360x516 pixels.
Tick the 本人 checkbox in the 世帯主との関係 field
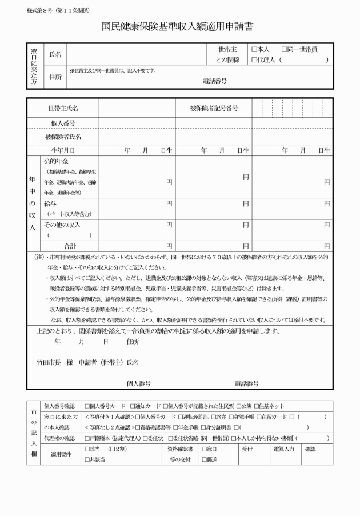(x=254, y=50)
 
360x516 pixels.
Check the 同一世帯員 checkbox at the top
(x=285, y=50)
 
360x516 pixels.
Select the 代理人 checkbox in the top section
(x=254, y=59)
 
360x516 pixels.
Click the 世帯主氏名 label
(x=63, y=108)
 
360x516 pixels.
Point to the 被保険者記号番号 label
(x=214, y=108)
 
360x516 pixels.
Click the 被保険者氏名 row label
(x=63, y=137)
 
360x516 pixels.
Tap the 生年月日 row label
(x=63, y=151)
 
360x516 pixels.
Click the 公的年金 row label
(x=56, y=161)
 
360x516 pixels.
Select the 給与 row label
(x=50, y=203)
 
